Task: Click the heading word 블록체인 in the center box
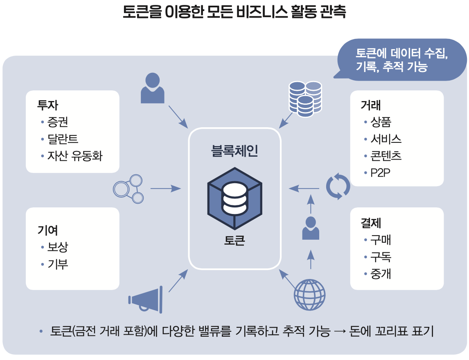[x=234, y=151]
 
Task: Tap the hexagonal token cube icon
[x=234, y=198]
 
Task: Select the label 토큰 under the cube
[x=234, y=240]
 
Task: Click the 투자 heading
[x=47, y=105]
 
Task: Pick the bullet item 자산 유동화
[x=74, y=156]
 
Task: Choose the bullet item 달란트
[x=63, y=139]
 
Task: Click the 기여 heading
[x=47, y=230]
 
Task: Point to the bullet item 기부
[x=57, y=264]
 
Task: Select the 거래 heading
[x=371, y=105]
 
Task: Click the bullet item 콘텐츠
[x=386, y=156]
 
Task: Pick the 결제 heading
[x=371, y=223]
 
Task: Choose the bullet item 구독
[x=381, y=257]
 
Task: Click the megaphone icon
[x=146, y=300]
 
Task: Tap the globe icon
[x=310, y=295]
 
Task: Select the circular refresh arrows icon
[x=338, y=187]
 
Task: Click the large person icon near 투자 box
[x=153, y=88]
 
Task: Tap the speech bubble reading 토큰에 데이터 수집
[x=401, y=60]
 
